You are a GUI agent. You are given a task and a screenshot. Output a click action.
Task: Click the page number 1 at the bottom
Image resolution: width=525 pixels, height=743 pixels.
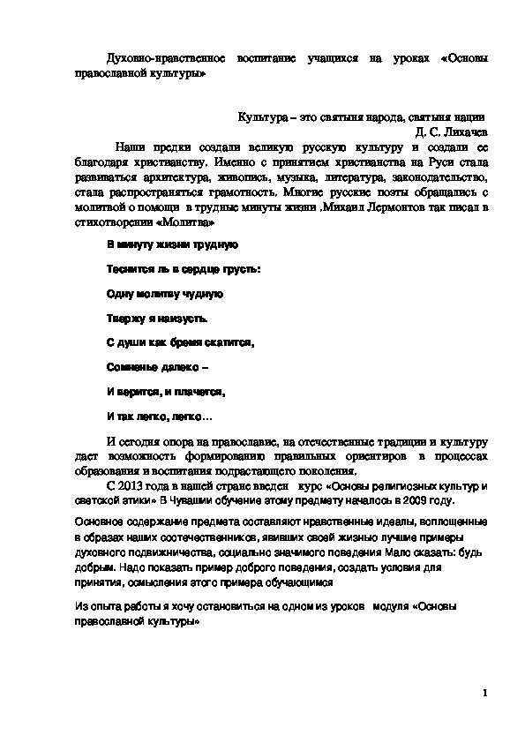(x=484, y=693)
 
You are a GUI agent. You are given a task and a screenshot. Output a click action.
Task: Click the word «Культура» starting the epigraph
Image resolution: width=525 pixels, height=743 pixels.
(x=263, y=117)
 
